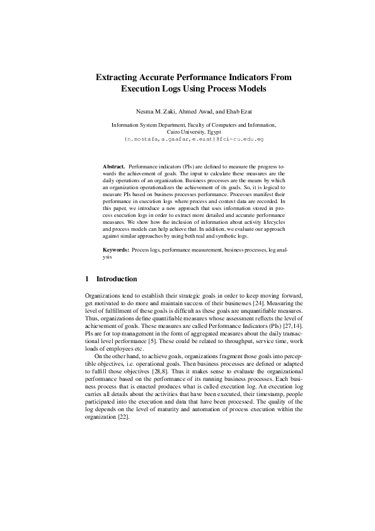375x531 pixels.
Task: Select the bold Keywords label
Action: [116, 250]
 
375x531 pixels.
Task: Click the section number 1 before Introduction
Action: [86, 278]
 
